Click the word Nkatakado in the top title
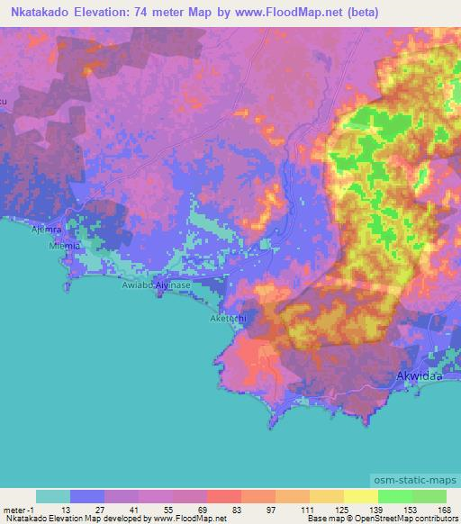pyautogui.click(x=43, y=13)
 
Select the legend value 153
pyautogui.click(x=411, y=509)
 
